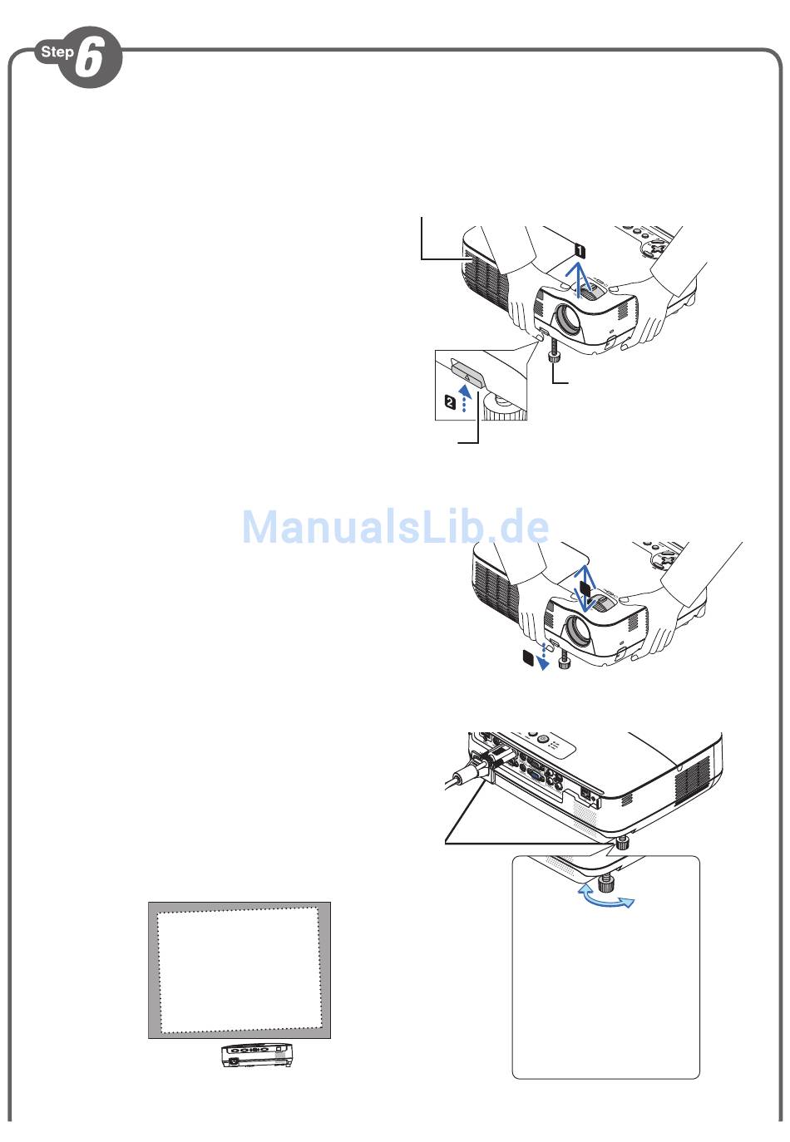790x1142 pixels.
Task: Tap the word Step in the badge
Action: [x=57, y=52]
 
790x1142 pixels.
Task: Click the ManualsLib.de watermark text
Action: [x=395, y=527]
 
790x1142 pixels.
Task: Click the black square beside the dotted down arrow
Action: [x=526, y=657]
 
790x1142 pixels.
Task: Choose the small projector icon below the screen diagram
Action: [x=256, y=1056]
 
